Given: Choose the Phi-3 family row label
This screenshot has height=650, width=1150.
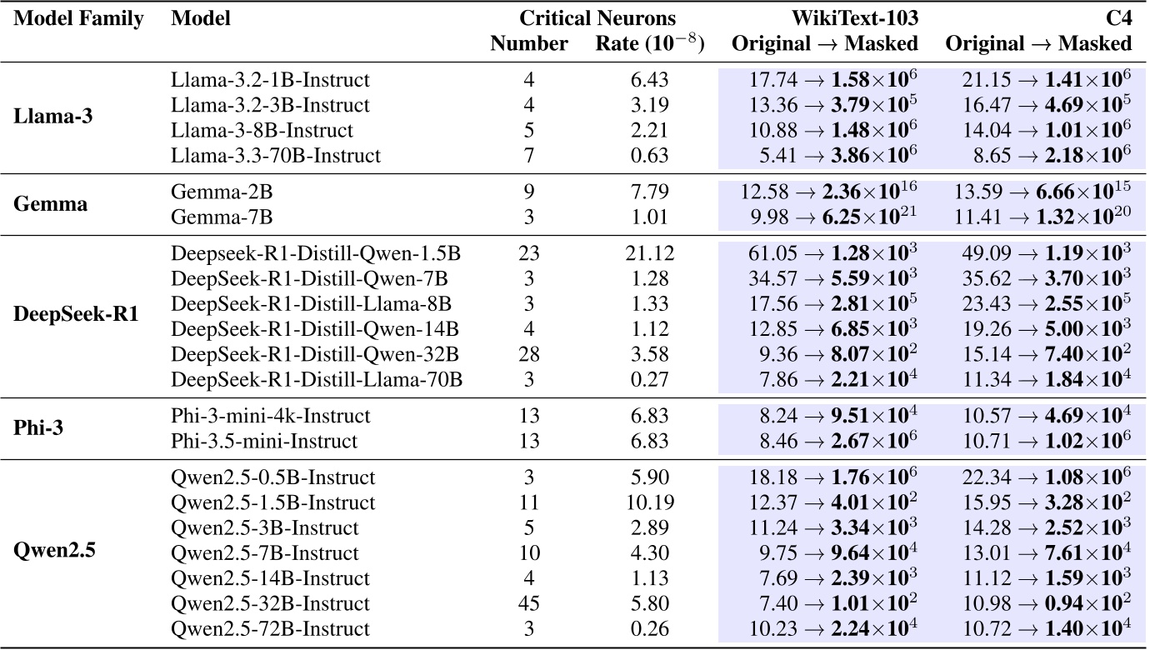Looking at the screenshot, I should (39, 427).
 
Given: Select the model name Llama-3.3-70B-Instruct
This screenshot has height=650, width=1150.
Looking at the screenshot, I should (275, 156).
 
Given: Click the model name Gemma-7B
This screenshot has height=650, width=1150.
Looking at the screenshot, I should (222, 218).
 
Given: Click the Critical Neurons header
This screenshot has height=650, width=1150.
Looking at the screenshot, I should (597, 18).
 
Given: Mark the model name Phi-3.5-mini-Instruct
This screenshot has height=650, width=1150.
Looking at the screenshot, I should (264, 440).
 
